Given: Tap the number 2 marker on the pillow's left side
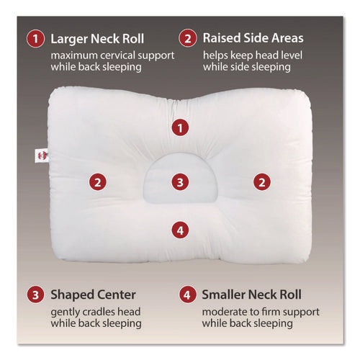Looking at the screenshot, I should (x=96, y=182).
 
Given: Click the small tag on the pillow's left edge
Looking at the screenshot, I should (x=41, y=153).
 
